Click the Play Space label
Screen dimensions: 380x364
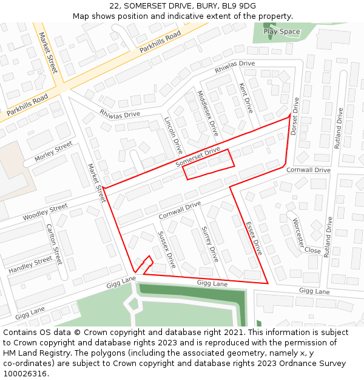(x=281, y=32)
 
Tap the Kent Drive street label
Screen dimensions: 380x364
(x=246, y=97)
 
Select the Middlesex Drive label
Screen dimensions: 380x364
(x=207, y=112)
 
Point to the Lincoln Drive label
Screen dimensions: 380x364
(x=174, y=135)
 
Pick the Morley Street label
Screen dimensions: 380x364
(x=53, y=151)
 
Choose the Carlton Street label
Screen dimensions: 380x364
(x=54, y=244)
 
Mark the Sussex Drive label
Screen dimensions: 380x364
(x=166, y=250)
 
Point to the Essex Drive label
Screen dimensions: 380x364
(x=254, y=238)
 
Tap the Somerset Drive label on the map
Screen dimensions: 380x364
(x=198, y=157)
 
